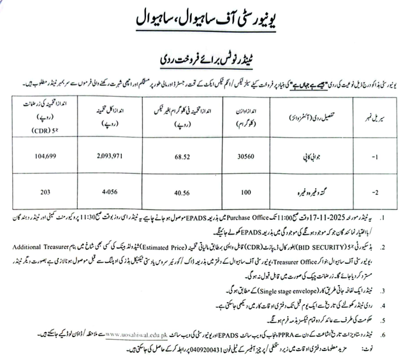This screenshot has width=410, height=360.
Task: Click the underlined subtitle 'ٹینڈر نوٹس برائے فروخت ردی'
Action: (205, 57)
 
